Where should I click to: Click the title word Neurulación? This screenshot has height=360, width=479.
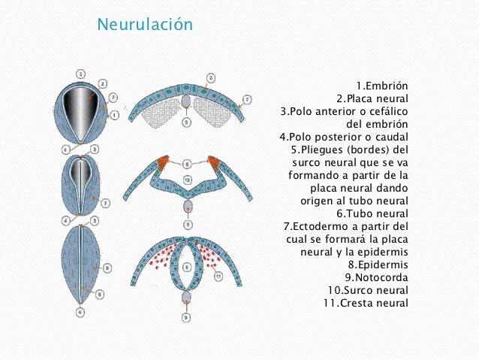coord(145,26)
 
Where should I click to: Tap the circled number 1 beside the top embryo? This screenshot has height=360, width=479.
coord(114,114)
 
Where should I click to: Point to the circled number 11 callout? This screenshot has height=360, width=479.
coord(219,277)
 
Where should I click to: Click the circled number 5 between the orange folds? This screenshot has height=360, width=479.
coord(187,162)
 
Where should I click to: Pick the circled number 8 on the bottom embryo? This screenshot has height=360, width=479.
coord(107,267)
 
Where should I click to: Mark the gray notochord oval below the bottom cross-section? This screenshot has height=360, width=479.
coord(187,298)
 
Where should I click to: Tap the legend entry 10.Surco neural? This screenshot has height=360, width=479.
coord(368,290)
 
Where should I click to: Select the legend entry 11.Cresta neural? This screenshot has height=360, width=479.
coord(366,303)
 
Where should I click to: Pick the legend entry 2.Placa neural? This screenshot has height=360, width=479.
coord(372,98)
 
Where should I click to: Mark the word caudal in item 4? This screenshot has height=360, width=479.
coord(393,137)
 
